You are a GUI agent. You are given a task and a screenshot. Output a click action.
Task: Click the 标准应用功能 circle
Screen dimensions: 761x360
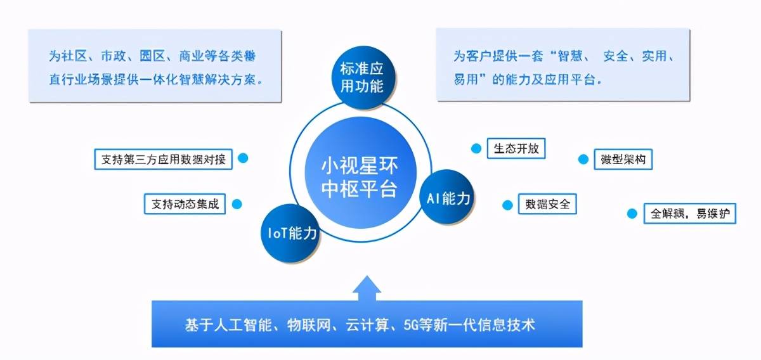pyautogui.click(x=363, y=78)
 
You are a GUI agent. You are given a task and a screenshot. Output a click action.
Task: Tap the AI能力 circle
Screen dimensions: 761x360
pyautogui.click(x=447, y=196)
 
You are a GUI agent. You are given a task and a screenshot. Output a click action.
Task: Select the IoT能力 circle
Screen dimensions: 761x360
pyautogui.click(x=290, y=233)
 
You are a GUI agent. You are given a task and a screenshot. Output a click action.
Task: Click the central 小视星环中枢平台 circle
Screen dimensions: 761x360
pyautogui.click(x=361, y=172)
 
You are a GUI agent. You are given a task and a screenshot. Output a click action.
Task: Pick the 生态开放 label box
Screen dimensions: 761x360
pyautogui.click(x=516, y=148)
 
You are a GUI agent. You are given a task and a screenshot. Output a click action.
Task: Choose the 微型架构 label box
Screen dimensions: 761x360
pyautogui.click(x=623, y=159)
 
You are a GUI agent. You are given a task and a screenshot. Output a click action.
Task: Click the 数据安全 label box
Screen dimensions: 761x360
pyautogui.click(x=547, y=204)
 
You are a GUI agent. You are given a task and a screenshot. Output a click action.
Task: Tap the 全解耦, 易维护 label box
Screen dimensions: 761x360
pyautogui.click(x=690, y=214)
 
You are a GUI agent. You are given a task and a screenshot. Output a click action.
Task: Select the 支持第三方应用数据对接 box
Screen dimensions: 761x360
pyautogui.click(x=164, y=159)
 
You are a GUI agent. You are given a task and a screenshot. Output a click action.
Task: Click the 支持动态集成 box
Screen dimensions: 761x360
pyautogui.click(x=185, y=204)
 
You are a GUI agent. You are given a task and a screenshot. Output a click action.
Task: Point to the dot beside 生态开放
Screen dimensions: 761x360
pyautogui.click(x=476, y=148)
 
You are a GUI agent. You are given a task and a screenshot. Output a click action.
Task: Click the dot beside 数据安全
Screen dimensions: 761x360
pyautogui.click(x=507, y=205)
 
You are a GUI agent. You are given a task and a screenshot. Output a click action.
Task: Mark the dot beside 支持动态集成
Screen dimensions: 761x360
pyautogui.click(x=237, y=204)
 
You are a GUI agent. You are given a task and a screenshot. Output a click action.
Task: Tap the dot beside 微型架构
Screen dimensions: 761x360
pyautogui.click(x=583, y=159)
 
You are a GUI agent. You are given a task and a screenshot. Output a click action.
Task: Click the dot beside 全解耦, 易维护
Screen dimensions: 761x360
pyautogui.click(x=632, y=214)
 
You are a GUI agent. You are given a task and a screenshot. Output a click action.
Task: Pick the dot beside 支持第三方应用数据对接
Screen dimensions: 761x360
pyautogui.click(x=243, y=158)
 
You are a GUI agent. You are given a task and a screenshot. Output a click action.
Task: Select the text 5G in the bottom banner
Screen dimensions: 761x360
pyautogui.click(x=411, y=325)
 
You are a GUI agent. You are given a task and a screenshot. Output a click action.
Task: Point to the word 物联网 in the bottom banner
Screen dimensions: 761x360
pyautogui.click(x=309, y=325)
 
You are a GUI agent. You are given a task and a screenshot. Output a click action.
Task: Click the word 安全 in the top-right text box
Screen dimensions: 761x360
pyautogui.click(x=615, y=56)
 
